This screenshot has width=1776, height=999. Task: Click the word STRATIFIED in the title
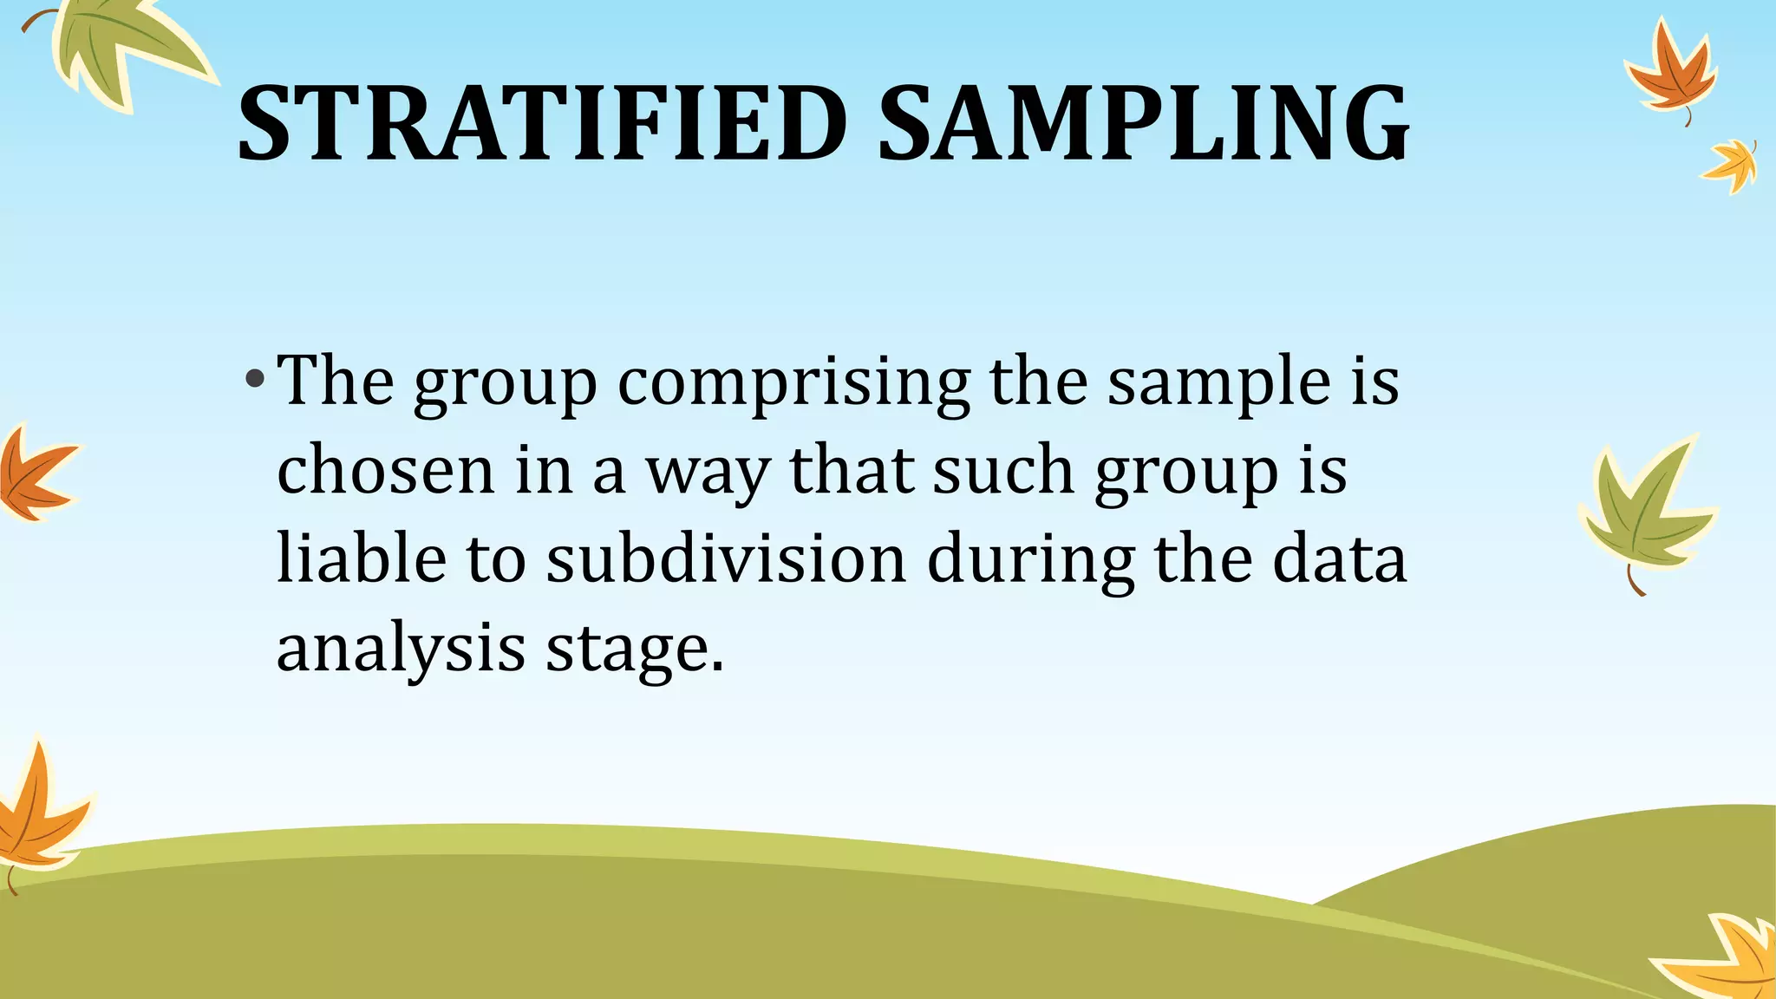click(542, 123)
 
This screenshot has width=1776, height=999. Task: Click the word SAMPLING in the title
click(1143, 123)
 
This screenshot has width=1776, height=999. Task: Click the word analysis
click(401, 650)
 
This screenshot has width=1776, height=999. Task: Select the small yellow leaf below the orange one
click(1731, 165)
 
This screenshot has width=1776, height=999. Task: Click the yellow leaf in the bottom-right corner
click(1726, 958)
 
